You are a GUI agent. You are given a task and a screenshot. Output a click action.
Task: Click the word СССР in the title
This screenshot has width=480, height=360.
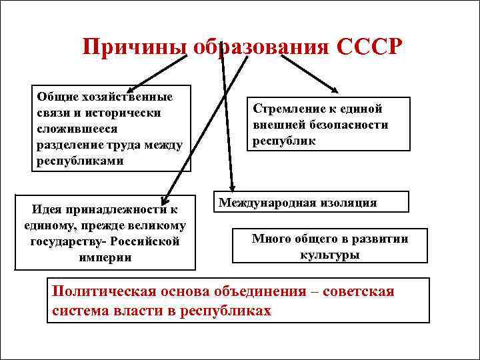(x=370, y=48)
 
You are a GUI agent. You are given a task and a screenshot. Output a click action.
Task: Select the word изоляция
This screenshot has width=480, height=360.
(x=347, y=203)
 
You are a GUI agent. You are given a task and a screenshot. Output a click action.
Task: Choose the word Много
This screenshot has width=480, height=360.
(x=270, y=239)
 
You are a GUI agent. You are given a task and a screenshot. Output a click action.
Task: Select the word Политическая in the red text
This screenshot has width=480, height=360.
(x=103, y=291)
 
